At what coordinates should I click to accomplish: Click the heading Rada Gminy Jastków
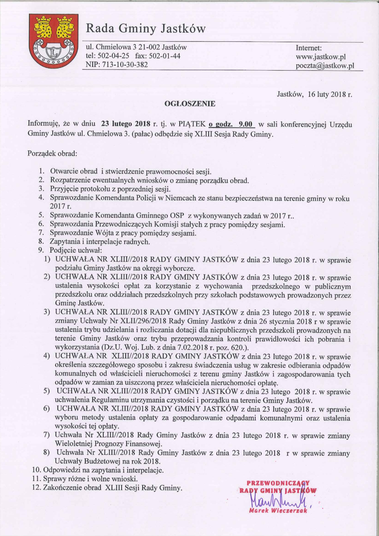(145, 29)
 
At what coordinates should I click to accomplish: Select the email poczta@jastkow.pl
(325, 66)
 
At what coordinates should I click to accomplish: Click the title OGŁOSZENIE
(189, 102)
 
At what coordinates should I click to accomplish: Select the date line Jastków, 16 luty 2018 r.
(314, 94)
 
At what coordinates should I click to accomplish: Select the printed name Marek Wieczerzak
(278, 511)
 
